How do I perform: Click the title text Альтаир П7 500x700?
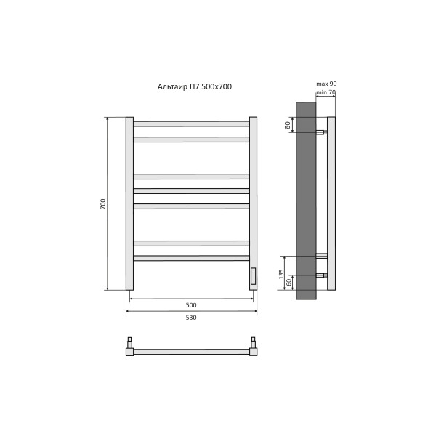click(x=195, y=86)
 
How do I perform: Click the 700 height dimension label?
click(x=102, y=204)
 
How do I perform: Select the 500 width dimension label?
click(x=191, y=304)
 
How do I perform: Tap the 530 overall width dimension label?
click(x=191, y=318)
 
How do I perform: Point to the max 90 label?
click(x=327, y=84)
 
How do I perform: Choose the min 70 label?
click(x=326, y=92)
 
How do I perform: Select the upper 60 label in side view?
click(x=288, y=125)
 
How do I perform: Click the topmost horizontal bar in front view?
click(x=191, y=124)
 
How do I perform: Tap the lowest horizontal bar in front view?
click(x=191, y=258)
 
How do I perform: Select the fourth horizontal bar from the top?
click(x=191, y=191)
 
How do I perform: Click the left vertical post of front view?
click(x=129, y=203)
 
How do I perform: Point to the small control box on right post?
click(x=253, y=276)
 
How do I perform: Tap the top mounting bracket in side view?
click(x=321, y=132)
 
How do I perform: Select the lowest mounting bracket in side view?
click(x=321, y=275)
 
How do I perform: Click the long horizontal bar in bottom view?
click(x=191, y=352)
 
